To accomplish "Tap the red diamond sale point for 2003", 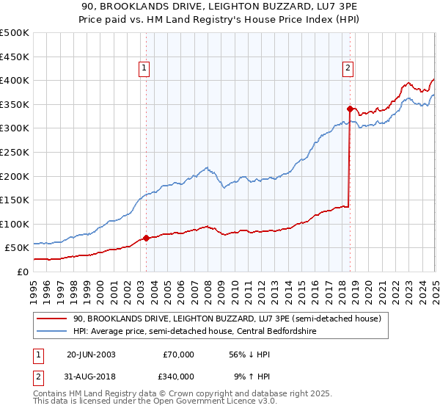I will pyautogui.click(x=146, y=238).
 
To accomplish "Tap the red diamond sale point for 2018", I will pyautogui.click(x=350, y=109).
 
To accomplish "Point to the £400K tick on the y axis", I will pyautogui.click(x=15, y=81).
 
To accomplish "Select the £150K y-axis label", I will pyautogui.click(x=15, y=200).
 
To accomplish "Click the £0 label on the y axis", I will pyautogui.click(x=23, y=272).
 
